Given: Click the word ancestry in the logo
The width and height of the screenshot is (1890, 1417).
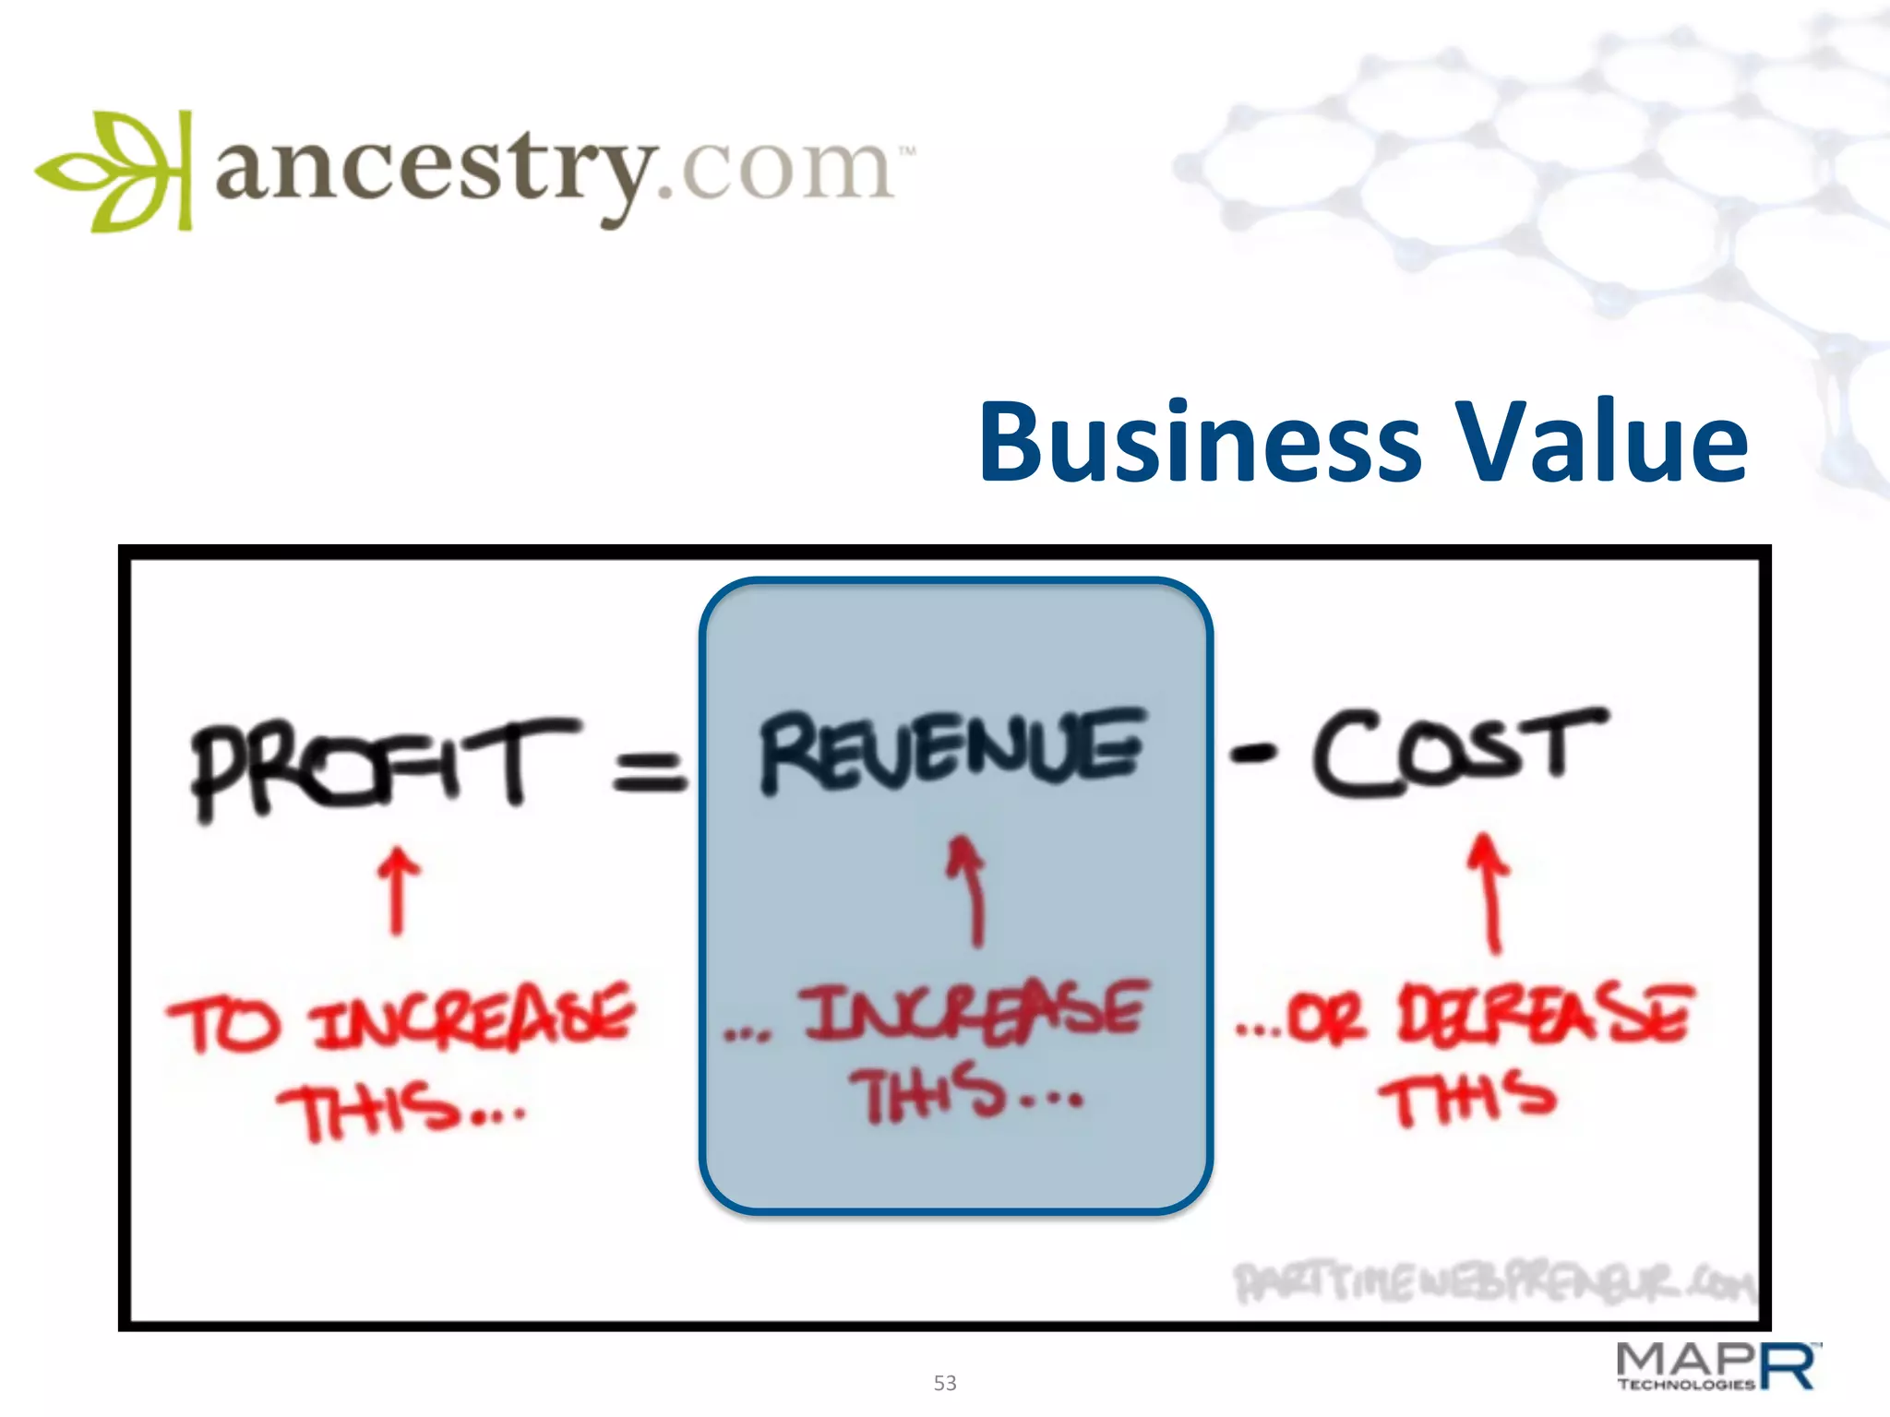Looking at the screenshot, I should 434,171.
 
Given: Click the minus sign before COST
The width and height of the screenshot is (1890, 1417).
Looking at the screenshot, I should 1252,755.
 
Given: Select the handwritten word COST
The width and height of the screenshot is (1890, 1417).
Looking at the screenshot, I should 1458,752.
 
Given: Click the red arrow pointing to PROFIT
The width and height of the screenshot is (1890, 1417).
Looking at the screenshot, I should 398,890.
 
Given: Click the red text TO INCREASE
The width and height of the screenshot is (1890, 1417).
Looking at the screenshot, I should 401,1019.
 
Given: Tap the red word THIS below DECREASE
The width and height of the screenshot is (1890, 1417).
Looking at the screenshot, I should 1467,1098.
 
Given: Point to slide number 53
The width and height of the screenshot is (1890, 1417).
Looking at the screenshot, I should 945,1383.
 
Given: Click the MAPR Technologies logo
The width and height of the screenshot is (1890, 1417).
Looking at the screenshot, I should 1717,1366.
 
